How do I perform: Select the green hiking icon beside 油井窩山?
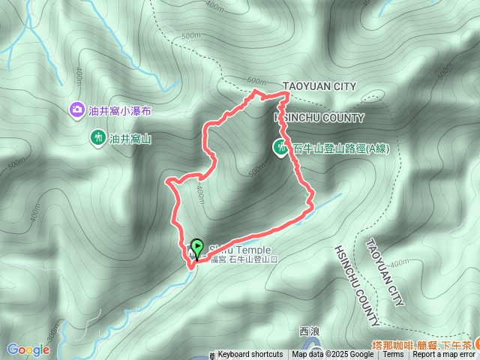97,138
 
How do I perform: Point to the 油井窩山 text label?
130,139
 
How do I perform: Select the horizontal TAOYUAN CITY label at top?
319,86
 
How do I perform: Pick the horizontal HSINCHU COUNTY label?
320,118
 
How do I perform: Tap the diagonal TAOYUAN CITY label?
385,272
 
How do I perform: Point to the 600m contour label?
256,81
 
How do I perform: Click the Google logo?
28,349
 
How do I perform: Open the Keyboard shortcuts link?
250,355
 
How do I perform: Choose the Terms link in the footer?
393,355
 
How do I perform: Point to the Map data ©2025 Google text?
332,355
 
